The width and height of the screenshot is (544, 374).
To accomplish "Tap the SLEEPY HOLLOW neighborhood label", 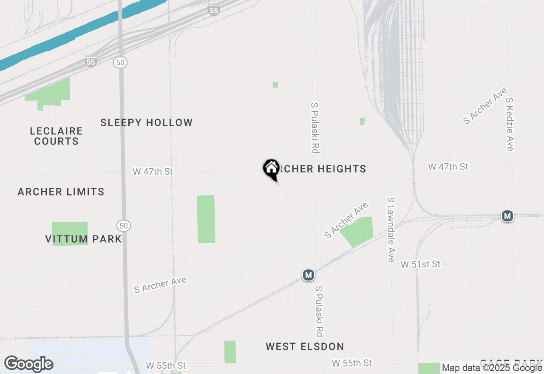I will pyautogui.click(x=147, y=123).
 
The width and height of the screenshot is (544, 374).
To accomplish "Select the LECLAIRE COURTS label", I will pyautogui.click(x=57, y=136).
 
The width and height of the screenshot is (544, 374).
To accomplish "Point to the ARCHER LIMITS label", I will pyautogui.click(x=61, y=192).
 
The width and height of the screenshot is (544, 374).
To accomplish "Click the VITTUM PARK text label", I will pyautogui.click(x=84, y=239).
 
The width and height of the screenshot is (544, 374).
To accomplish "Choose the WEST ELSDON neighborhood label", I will pyautogui.click(x=305, y=347).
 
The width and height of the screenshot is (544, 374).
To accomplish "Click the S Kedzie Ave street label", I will pyautogui.click(x=510, y=124).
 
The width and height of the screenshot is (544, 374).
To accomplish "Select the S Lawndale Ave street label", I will pyautogui.click(x=391, y=229).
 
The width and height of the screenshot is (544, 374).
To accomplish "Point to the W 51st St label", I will pyautogui.click(x=421, y=264).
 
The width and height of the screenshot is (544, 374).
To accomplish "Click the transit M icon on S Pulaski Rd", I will pyautogui.click(x=309, y=275).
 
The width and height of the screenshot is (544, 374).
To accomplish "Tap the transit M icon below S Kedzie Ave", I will pyautogui.click(x=507, y=216).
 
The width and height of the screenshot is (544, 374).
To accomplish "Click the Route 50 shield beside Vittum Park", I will pyautogui.click(x=124, y=226).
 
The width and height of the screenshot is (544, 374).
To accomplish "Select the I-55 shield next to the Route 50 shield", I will pyautogui.click(x=91, y=62).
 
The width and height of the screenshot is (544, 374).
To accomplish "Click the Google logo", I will pyautogui.click(x=29, y=364).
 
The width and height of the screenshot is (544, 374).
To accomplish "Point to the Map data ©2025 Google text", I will pyautogui.click(x=492, y=368).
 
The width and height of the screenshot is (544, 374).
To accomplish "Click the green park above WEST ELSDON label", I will pyautogui.click(x=229, y=351).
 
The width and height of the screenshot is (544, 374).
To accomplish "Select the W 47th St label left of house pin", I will pyautogui.click(x=153, y=172).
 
